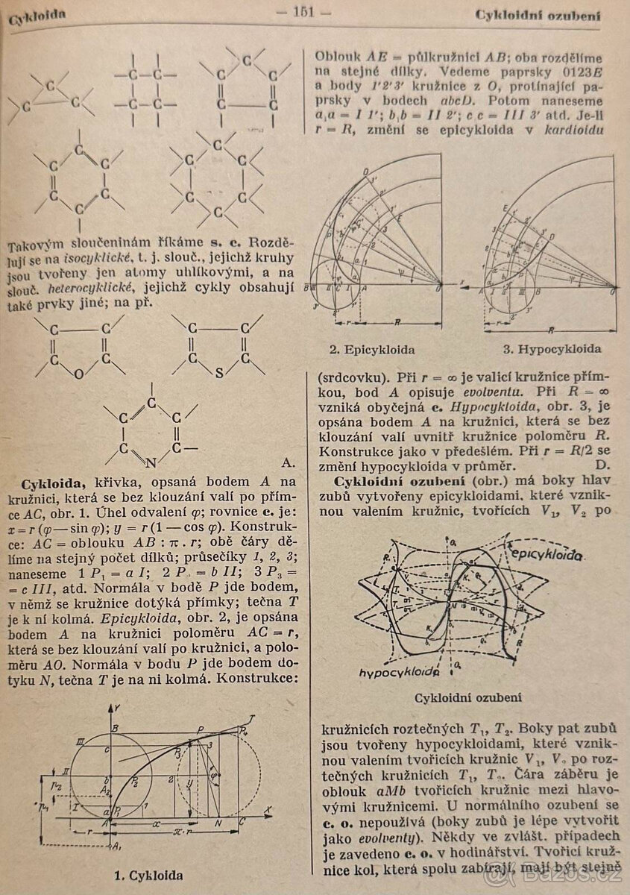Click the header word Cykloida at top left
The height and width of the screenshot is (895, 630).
37,16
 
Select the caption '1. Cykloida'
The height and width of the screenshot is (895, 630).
148,874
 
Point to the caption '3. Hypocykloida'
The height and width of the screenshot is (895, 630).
551,348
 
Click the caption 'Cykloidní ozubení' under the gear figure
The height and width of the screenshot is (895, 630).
468,698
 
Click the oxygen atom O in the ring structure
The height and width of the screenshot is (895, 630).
79,374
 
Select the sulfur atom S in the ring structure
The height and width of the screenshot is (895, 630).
218,374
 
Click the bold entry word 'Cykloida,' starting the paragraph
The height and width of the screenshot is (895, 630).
52,484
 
